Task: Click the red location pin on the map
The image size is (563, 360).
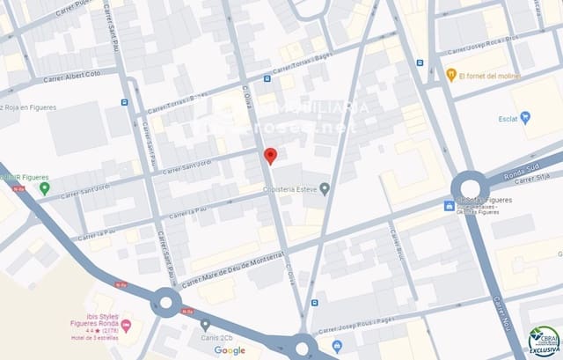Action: click(x=271, y=156)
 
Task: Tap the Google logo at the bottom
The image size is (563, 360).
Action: click(x=230, y=350)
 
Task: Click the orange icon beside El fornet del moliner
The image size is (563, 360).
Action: click(x=451, y=74)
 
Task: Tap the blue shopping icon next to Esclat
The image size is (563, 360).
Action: click(x=526, y=117)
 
